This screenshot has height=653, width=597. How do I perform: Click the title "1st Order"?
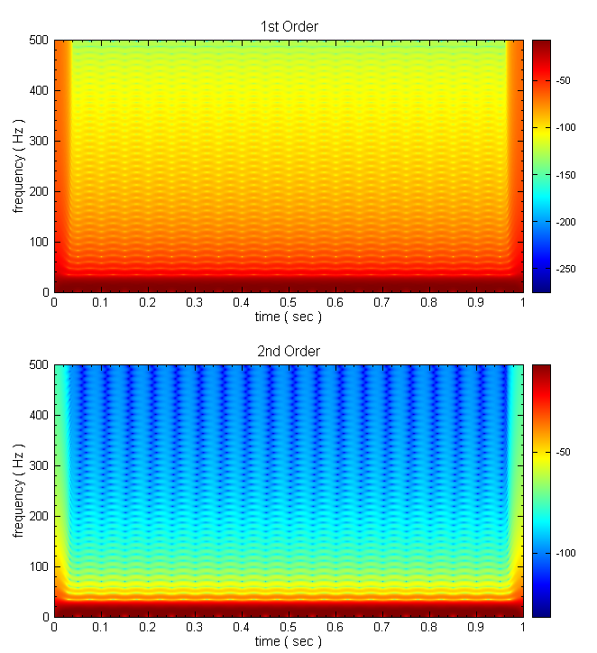point(289,26)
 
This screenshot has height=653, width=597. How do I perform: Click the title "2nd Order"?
point(289,351)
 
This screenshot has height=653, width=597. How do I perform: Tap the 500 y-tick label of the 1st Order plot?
point(39,41)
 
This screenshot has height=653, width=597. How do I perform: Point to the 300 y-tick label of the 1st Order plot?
point(39,142)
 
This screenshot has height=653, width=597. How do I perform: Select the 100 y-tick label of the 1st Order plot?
point(39,243)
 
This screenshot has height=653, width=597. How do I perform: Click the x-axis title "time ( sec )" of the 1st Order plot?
point(289,317)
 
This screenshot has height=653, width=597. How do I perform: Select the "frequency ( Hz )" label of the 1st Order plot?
point(18,166)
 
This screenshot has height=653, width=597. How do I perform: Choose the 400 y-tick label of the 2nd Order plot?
point(39,416)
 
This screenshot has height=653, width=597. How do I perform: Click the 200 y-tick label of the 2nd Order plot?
point(39,517)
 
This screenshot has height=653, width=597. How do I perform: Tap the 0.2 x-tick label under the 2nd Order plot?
point(148,629)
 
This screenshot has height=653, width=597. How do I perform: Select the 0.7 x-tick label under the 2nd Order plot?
point(382,629)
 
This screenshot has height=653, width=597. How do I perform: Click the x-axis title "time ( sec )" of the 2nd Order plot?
point(289,642)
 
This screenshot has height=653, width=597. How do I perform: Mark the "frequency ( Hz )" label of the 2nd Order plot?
point(18,491)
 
